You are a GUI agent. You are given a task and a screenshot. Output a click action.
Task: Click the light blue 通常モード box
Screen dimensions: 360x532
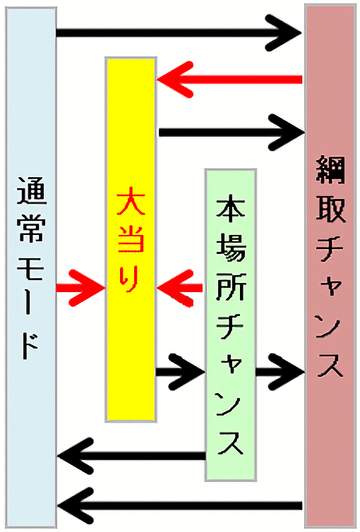click(x=31, y=267)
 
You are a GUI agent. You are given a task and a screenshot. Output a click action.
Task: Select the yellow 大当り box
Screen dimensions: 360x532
click(x=131, y=239)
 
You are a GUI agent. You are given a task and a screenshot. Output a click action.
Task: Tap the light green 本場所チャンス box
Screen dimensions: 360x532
click(x=230, y=325)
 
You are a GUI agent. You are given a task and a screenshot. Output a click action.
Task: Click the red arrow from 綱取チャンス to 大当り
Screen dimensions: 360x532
click(x=229, y=80)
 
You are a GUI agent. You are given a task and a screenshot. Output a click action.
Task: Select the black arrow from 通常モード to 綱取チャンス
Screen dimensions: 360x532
click(x=179, y=33)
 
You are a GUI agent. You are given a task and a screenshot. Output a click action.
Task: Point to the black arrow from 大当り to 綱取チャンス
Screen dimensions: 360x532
click(x=232, y=132)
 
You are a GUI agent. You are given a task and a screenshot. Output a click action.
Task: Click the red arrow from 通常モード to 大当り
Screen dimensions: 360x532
click(x=80, y=289)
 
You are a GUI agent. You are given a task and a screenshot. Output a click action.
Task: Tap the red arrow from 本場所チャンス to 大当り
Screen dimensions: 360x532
click(x=180, y=289)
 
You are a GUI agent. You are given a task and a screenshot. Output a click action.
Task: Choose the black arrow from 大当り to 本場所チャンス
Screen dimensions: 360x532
click(x=180, y=372)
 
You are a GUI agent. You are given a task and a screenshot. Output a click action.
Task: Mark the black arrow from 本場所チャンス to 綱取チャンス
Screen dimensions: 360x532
click(x=280, y=372)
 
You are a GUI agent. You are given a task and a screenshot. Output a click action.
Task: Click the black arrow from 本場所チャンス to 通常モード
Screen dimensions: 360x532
click(x=132, y=456)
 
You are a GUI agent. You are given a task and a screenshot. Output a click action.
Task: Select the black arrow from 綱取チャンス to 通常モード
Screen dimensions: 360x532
click(x=180, y=506)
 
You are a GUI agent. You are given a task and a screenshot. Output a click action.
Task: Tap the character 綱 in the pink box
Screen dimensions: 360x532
click(x=330, y=169)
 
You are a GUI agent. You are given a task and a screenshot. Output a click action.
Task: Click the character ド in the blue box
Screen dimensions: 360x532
click(x=31, y=346)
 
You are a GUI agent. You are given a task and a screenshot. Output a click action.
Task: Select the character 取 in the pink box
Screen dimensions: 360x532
click(x=330, y=210)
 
